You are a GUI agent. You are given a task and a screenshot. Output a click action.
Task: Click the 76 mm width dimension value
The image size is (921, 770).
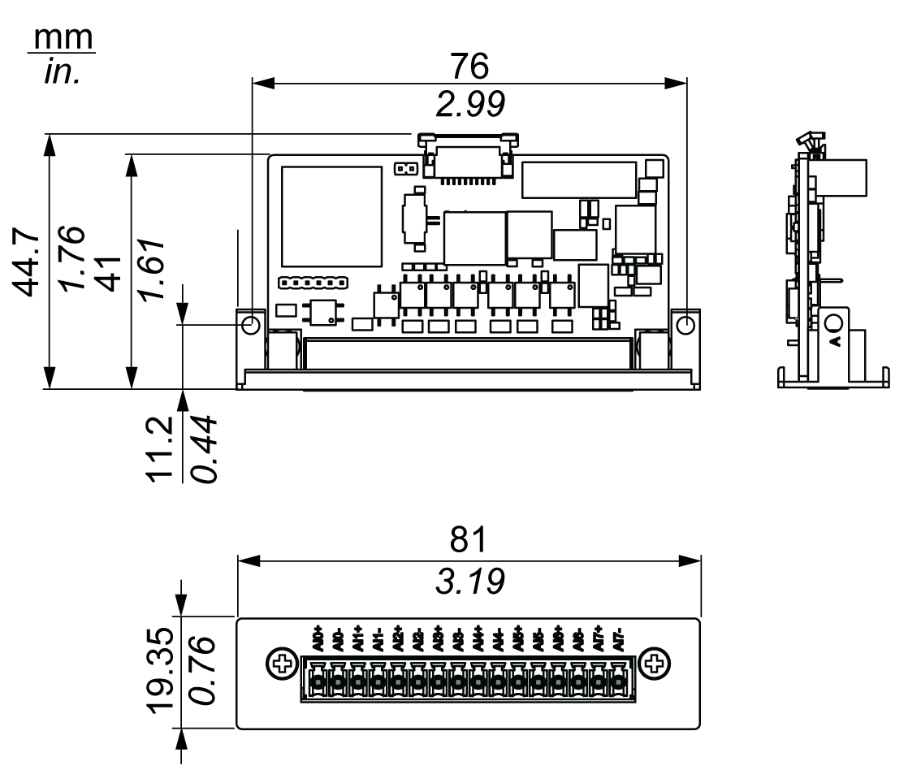[469, 67]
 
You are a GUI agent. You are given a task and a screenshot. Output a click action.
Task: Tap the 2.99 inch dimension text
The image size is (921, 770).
[469, 103]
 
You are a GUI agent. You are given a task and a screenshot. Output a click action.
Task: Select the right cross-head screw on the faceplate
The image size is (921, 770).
[653, 665]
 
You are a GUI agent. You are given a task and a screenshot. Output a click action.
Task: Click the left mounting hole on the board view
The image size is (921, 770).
[251, 324]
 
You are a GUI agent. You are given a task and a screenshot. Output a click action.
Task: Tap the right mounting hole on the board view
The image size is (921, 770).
[686, 324]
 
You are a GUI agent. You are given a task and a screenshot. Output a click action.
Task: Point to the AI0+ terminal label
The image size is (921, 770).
[318, 639]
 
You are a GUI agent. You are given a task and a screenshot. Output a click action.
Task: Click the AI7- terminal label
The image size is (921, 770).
[619, 639]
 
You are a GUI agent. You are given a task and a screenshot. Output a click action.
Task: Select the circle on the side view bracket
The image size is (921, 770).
[834, 325]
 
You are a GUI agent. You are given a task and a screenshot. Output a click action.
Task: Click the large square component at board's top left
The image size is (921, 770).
[331, 217]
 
